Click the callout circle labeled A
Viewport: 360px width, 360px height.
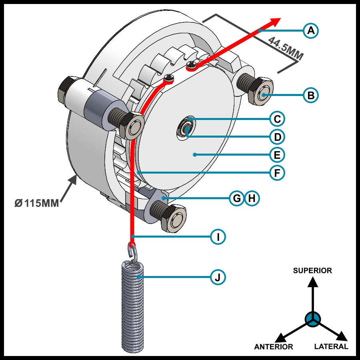coord(311,30)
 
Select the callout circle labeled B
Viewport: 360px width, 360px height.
coord(311,95)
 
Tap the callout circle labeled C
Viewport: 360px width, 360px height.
coord(277,119)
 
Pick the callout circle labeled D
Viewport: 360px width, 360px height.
coord(277,137)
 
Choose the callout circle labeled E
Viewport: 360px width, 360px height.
coord(277,154)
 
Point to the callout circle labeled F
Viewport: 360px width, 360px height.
coord(277,173)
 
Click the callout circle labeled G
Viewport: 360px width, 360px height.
coord(237,198)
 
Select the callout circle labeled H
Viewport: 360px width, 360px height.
coord(252,198)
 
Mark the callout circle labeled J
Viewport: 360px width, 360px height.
coord(218,277)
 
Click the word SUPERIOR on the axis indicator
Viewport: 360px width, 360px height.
coord(312,271)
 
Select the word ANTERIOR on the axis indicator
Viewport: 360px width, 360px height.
coord(274,347)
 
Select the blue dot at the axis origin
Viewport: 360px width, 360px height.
coord(312,319)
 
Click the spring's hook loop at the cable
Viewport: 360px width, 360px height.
coord(132,251)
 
